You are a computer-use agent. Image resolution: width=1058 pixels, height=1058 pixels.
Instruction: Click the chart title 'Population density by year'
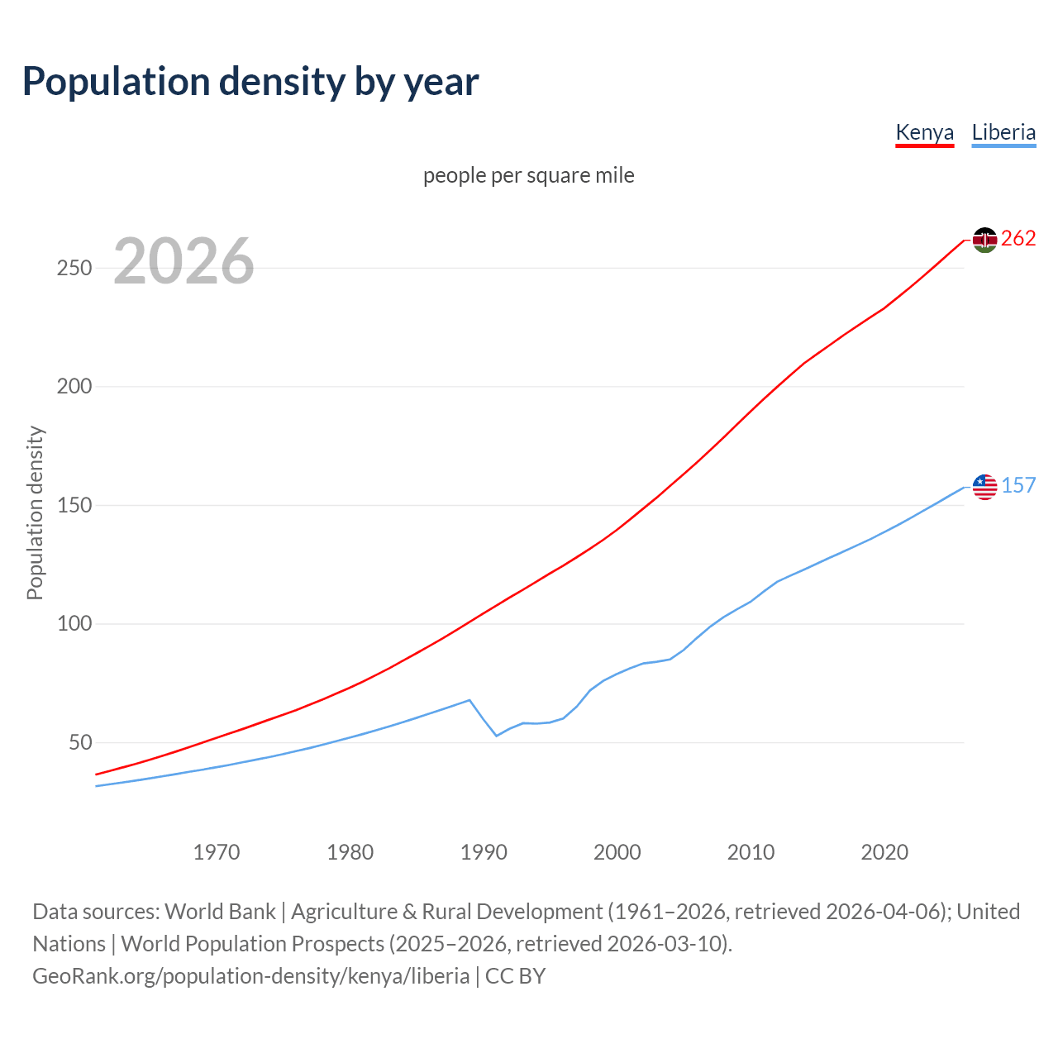click(250, 82)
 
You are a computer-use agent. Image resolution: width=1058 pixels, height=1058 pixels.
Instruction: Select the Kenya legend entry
click(924, 132)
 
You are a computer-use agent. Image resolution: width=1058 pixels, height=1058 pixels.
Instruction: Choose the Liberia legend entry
click(1003, 132)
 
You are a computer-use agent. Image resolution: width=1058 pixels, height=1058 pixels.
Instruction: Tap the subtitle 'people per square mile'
click(529, 175)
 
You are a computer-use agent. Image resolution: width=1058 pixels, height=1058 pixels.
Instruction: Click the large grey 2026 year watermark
click(183, 261)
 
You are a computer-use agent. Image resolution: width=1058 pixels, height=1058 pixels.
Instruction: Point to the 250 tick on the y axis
click(74, 269)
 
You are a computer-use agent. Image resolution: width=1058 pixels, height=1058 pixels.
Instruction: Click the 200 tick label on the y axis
click(74, 387)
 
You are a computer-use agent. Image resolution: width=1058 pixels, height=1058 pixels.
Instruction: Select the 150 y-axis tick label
click(74, 505)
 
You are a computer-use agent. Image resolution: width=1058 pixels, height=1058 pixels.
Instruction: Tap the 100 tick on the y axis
click(74, 624)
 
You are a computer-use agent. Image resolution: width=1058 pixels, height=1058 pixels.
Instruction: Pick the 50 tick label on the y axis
click(80, 742)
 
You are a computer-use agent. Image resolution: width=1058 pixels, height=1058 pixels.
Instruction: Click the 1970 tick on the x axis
click(217, 852)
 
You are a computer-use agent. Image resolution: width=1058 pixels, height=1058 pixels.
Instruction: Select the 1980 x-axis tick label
click(350, 852)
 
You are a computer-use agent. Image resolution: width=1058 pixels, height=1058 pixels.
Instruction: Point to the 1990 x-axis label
click(484, 852)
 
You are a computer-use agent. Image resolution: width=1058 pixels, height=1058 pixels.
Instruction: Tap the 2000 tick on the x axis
click(617, 852)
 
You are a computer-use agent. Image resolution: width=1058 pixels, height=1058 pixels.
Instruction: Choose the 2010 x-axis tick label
click(751, 852)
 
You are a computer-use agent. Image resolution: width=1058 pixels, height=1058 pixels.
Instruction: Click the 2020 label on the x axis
click(884, 852)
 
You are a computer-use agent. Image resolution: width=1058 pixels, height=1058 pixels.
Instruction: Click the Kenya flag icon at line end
click(984, 240)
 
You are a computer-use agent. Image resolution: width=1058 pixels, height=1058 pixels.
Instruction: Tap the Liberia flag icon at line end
click(984, 487)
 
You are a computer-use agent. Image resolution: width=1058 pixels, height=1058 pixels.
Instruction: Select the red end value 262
click(1018, 239)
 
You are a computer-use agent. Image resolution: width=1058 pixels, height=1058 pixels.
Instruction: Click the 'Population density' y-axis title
click(35, 512)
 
